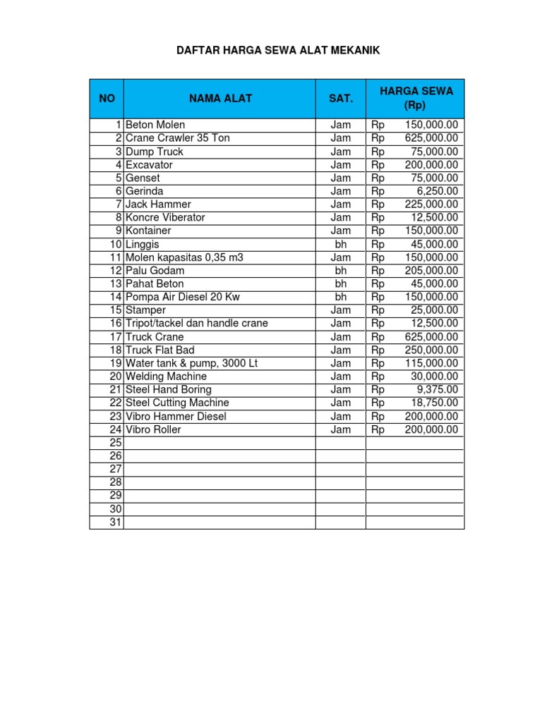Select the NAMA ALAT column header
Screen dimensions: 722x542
click(219, 99)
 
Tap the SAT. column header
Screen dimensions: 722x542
click(340, 99)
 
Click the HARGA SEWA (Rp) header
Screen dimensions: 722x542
click(416, 99)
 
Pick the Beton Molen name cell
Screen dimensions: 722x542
click(155, 125)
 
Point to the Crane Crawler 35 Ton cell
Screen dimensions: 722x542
click(177, 138)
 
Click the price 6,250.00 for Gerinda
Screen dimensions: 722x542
click(437, 191)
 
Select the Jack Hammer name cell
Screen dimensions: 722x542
click(158, 204)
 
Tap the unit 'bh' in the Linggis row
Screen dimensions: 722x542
click(340, 244)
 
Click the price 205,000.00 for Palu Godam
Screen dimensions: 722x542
click(431, 271)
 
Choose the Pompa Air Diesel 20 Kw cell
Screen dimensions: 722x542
click(182, 297)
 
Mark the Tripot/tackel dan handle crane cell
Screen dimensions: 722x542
click(196, 324)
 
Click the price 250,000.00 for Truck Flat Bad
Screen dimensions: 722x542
click(431, 350)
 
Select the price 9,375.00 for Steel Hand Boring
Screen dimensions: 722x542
click(437, 390)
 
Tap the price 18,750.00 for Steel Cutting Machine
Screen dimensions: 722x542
click(434, 403)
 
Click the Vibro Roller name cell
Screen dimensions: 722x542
click(153, 429)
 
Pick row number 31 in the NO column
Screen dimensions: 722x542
click(116, 522)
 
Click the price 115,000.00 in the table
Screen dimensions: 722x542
click(431, 363)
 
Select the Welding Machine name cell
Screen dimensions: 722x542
click(166, 377)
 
